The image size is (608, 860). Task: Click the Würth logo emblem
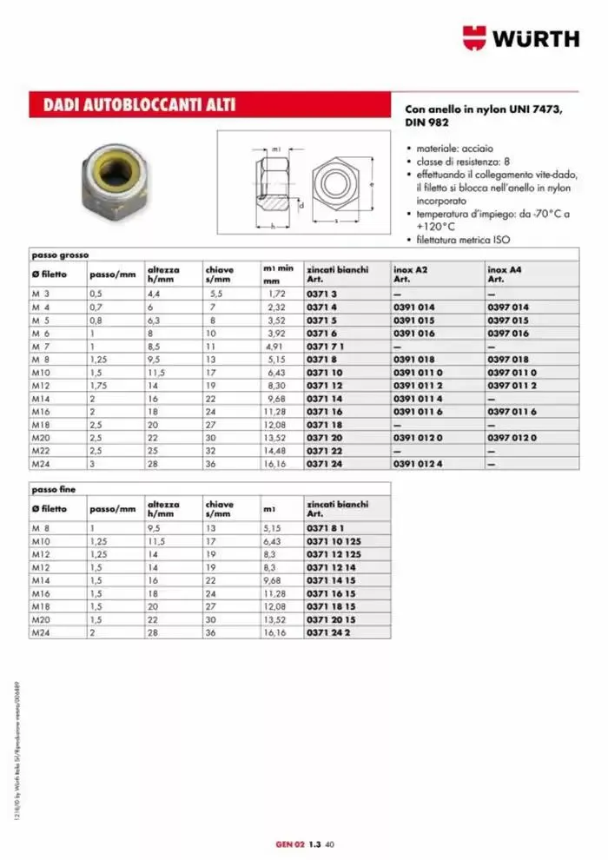pyautogui.click(x=476, y=37)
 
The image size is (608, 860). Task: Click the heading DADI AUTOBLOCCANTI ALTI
pyautogui.click(x=139, y=106)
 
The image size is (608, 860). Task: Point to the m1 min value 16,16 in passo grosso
pyautogui.click(x=274, y=465)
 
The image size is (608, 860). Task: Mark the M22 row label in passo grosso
pyautogui.click(x=41, y=453)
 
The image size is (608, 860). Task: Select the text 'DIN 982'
pyautogui.click(x=426, y=123)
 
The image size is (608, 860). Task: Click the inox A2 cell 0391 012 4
pyautogui.click(x=418, y=465)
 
